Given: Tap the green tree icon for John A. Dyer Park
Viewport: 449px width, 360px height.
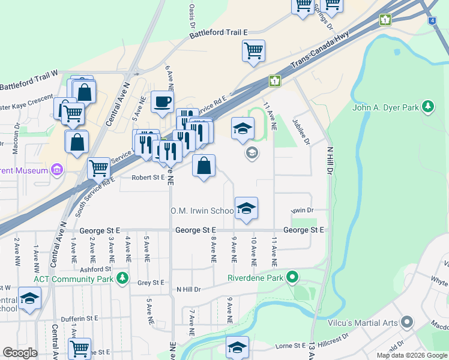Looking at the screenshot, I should point(427,107).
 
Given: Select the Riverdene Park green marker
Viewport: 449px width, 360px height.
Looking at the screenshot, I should point(292,277).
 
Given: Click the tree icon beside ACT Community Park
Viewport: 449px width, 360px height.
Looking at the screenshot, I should point(122,278).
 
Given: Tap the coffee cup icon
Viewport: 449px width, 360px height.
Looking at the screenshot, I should point(161,102).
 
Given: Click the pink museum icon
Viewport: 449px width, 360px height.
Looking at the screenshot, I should point(57,170).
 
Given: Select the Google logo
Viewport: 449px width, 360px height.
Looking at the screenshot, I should point(20,352).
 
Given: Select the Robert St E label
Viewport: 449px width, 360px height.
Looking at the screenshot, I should point(148,178).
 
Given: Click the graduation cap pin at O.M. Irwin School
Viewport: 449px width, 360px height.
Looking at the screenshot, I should point(246,208).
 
